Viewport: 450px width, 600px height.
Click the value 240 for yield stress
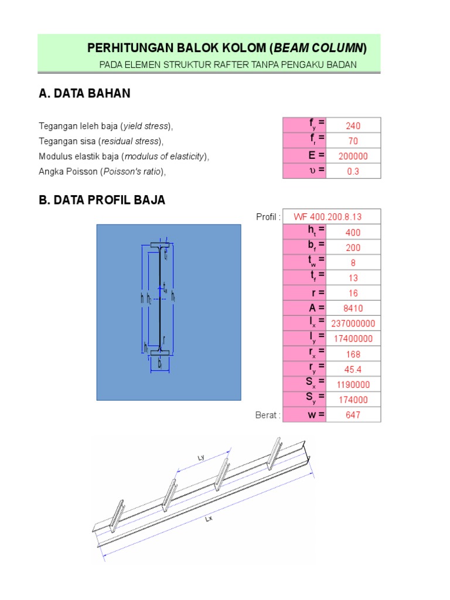353,125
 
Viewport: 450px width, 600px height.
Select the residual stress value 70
353,141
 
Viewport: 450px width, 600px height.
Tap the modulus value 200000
353,156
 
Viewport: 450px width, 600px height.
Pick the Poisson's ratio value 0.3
353,171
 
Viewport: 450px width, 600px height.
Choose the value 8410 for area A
353,308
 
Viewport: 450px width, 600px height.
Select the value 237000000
353,323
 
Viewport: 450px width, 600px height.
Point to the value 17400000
353,339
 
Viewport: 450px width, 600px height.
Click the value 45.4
353,369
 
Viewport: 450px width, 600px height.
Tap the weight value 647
353,415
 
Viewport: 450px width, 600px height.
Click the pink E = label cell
304,156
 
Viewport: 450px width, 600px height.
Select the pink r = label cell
304,293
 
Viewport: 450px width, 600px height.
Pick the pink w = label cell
304,415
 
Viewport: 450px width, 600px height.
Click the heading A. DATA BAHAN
84,94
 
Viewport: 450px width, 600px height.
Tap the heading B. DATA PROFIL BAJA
102,200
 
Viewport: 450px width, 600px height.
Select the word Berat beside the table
268,415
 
